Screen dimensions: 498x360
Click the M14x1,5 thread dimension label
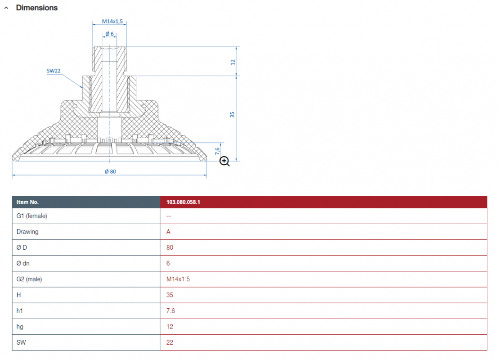pyautogui.click(x=112, y=21)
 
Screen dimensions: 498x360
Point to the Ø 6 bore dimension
pyautogui.click(x=110, y=34)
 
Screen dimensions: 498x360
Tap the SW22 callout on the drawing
pyautogui.click(x=54, y=71)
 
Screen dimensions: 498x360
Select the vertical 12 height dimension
pyautogui.click(x=233, y=62)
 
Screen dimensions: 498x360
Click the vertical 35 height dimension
pyautogui.click(x=232, y=114)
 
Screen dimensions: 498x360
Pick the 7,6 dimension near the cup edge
pyautogui.click(x=217, y=151)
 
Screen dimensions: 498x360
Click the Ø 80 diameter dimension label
pyautogui.click(x=111, y=171)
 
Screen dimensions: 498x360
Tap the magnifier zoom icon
pyautogui.click(x=224, y=162)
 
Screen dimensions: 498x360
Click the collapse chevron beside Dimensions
pyautogui.click(x=6, y=8)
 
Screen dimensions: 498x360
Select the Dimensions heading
pyautogui.click(x=37, y=8)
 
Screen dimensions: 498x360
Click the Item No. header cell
pyautogui.click(x=27, y=202)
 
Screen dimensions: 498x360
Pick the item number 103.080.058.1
pyautogui.click(x=183, y=202)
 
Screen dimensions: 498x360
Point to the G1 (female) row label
pyautogui.click(x=32, y=216)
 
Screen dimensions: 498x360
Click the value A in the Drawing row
pyautogui.click(x=168, y=232)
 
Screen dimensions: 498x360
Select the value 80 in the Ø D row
pyautogui.click(x=170, y=247)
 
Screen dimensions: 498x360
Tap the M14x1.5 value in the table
pyautogui.click(x=178, y=279)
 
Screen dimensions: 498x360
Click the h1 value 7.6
pyautogui.click(x=170, y=311)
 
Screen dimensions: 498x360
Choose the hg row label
pyautogui.click(x=20, y=327)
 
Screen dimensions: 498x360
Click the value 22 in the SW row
pyautogui.click(x=170, y=342)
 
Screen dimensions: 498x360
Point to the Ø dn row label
pyautogui.click(x=23, y=263)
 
